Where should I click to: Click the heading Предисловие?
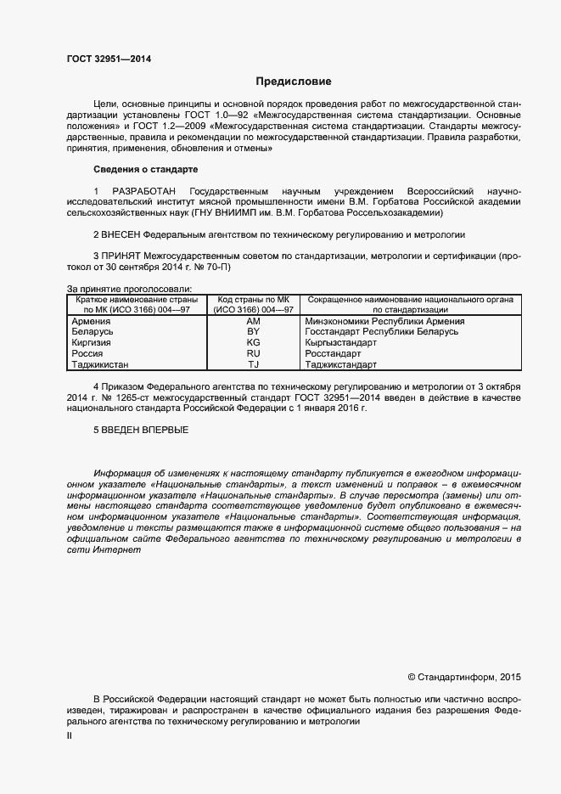pyautogui.click(x=294, y=82)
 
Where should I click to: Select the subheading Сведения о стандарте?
pyautogui.click(x=144, y=170)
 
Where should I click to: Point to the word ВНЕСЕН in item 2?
pyautogui.click(x=121, y=234)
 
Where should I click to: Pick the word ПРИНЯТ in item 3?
pyautogui.click(x=122, y=256)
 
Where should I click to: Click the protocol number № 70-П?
pyautogui.click(x=210, y=267)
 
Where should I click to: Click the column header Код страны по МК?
pyautogui.click(x=253, y=300)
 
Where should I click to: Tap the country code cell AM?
pyautogui.click(x=253, y=321)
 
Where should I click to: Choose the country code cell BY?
pyautogui.click(x=253, y=331)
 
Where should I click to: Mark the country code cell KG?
pyautogui.click(x=253, y=342)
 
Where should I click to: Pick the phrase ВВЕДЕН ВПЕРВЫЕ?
pyautogui.click(x=141, y=430)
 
